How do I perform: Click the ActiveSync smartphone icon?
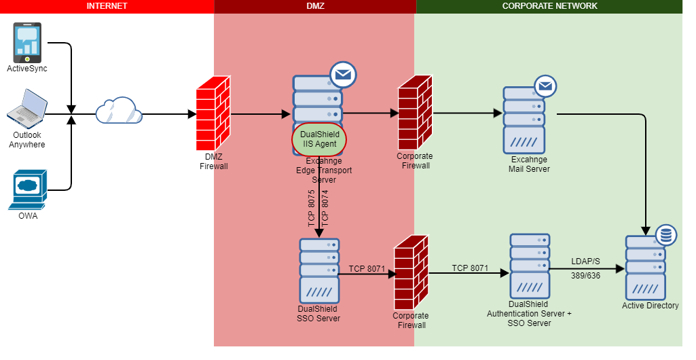(27, 42)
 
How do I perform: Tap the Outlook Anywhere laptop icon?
(27, 109)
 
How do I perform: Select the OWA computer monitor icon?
(28, 190)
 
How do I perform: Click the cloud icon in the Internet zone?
(118, 111)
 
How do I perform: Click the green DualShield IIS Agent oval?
(319, 139)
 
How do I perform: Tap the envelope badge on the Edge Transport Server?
(344, 75)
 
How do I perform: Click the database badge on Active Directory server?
(665, 235)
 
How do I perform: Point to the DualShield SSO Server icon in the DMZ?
(318, 270)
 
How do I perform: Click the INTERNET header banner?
(107, 6)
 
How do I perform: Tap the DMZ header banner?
(315, 6)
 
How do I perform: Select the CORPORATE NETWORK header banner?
(549, 6)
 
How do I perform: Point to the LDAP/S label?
(586, 262)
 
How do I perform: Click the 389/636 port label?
(586, 276)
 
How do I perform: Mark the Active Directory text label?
(650, 306)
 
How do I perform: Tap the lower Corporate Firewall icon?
(411, 272)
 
